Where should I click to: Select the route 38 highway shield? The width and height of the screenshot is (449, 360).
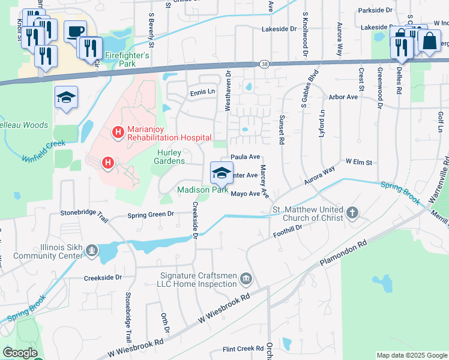(265, 64)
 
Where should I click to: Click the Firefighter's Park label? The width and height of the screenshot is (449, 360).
(127, 59)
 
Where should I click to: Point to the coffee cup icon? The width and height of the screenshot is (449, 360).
(75, 31)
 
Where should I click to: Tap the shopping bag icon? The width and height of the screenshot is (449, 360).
(429, 41)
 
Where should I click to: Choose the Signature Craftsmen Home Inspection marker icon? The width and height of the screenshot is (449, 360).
(246, 278)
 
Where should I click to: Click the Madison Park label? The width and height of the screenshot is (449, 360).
(202, 190)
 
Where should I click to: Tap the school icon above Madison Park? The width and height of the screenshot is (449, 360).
(221, 173)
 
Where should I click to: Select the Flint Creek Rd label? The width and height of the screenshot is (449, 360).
(243, 349)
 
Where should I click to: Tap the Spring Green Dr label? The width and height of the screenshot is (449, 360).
(150, 214)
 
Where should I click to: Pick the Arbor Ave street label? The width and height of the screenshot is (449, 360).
(343, 97)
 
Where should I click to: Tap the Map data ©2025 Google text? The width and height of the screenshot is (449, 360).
(411, 356)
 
